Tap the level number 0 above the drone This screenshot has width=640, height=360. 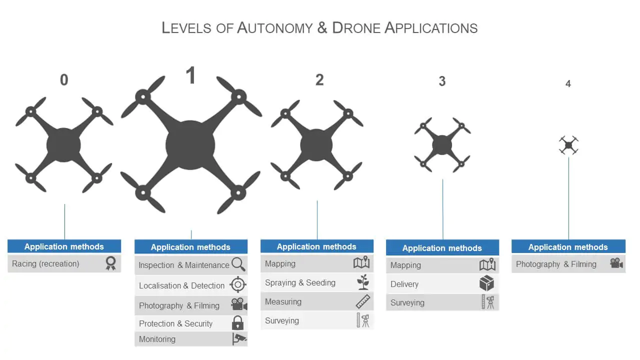coord(64,80)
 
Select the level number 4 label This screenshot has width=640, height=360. coord(568,84)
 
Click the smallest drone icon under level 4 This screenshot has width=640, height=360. coord(568,145)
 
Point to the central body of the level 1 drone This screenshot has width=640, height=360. coord(190,145)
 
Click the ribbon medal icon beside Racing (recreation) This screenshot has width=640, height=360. coord(110,263)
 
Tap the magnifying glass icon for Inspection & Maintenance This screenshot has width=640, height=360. coord(238,264)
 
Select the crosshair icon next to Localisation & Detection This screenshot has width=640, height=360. coord(238,285)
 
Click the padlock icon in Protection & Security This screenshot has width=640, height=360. coord(238,323)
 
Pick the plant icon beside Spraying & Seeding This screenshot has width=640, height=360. coord(363,282)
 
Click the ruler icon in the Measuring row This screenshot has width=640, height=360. coord(363,301)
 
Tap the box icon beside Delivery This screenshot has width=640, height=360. coord(486,284)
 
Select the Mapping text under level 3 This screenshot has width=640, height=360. coord(405,265)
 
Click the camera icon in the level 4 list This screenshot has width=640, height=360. coord(616,263)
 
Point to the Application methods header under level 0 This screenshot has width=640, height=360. coord(64,246)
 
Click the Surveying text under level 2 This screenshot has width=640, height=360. coord(282,320)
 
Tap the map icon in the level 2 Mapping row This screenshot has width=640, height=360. coord(361,263)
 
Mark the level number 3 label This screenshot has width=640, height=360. coord(442,81)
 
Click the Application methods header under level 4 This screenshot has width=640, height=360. coord(568,247)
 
